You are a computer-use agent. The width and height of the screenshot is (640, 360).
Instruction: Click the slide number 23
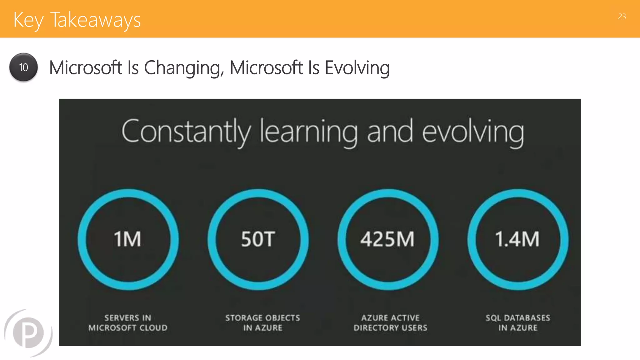pyautogui.click(x=622, y=17)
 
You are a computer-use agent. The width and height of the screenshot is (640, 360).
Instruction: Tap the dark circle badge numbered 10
pyautogui.click(x=23, y=67)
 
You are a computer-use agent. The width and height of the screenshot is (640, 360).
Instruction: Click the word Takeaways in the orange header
pyautogui.click(x=95, y=20)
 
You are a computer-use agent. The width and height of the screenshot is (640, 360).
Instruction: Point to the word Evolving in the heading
pyautogui.click(x=357, y=68)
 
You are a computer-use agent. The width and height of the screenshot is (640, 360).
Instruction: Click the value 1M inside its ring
pyautogui.click(x=127, y=239)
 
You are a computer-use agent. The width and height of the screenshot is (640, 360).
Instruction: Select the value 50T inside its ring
pyautogui.click(x=258, y=239)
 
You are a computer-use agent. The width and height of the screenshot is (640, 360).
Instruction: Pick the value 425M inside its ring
pyautogui.click(x=387, y=239)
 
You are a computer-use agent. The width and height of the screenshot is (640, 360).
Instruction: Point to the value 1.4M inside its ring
pyautogui.click(x=517, y=239)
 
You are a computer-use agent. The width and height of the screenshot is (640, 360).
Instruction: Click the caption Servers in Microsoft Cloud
pyautogui.click(x=128, y=323)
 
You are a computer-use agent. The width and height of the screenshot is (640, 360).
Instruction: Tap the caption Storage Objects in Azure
pyautogui.click(x=262, y=323)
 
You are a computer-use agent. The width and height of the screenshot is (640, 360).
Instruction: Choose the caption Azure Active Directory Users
pyautogui.click(x=390, y=323)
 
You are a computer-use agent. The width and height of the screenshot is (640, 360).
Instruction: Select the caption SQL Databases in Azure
pyautogui.click(x=518, y=323)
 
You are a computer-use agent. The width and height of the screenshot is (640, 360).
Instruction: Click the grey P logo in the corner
pyautogui.click(x=28, y=332)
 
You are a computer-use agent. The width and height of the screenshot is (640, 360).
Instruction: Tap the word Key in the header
pyautogui.click(x=28, y=20)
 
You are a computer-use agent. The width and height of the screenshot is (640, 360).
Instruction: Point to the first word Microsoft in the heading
pyautogui.click(x=86, y=68)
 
